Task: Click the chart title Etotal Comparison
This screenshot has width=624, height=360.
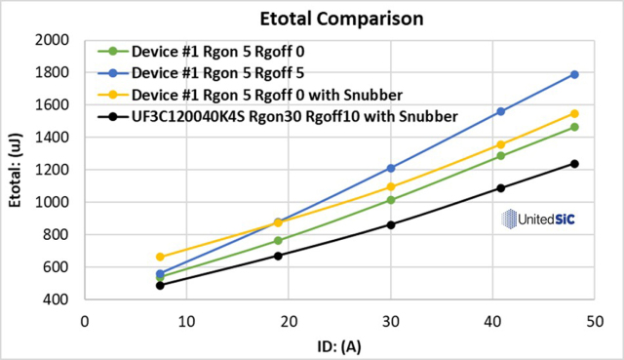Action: click(341, 19)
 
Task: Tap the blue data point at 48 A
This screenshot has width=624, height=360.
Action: click(574, 74)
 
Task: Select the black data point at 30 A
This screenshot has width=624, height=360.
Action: click(391, 225)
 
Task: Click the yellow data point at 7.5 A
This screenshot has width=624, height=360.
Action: click(160, 257)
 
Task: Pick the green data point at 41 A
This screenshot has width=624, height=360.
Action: click(500, 156)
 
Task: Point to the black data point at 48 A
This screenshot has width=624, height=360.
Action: click(574, 164)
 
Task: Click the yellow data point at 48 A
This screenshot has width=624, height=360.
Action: click(574, 114)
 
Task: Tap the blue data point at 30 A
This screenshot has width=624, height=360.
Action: click(391, 169)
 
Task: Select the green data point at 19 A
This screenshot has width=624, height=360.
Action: click(278, 241)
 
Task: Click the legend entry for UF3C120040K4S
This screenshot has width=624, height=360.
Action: click(278, 117)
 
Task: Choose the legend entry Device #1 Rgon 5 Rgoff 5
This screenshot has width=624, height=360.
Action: click(201, 73)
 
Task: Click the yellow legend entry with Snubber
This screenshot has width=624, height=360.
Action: click(250, 96)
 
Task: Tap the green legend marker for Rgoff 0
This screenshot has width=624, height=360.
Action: click(113, 52)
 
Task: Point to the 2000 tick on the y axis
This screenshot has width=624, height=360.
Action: click(52, 40)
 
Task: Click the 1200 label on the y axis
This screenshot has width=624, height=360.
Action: click(52, 170)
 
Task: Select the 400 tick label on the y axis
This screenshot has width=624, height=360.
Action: click(56, 300)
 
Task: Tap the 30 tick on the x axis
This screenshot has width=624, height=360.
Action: click(391, 321)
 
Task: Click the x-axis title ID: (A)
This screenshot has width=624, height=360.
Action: click(339, 347)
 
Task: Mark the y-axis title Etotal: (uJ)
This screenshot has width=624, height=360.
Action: click(16, 170)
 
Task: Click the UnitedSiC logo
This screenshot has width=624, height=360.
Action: click(537, 220)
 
